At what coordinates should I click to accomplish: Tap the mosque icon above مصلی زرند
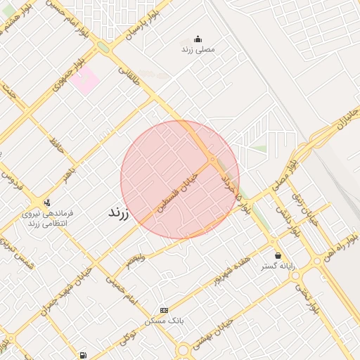point(198,39)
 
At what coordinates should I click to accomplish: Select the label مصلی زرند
point(198,50)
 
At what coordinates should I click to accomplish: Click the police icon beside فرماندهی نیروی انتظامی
point(46,202)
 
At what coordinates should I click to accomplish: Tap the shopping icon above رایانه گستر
point(278,255)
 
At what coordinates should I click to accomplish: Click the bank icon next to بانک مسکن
point(165,310)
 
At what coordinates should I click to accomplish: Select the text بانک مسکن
point(164,321)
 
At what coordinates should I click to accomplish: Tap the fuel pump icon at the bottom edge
point(84,355)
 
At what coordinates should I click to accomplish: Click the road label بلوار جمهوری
point(68,82)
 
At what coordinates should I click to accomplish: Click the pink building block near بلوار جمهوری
point(85,81)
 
